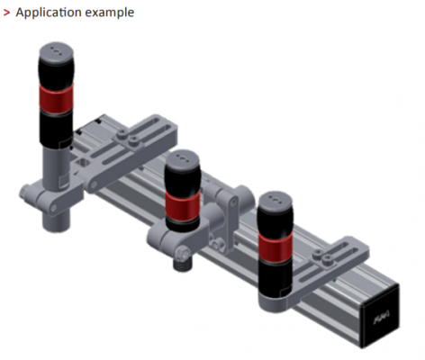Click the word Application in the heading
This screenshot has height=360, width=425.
49,13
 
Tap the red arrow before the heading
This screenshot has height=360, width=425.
6,13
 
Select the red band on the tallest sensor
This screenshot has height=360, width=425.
56,98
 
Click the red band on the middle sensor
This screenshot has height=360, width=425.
183,206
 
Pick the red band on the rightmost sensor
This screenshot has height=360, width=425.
276,247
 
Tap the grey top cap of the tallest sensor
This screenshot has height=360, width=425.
56,52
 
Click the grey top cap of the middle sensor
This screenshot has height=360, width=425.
182,160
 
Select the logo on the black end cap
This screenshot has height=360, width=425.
382,318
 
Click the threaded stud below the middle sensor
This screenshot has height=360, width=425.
183,265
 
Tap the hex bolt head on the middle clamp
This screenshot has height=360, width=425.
184,252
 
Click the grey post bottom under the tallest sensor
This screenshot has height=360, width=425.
57,220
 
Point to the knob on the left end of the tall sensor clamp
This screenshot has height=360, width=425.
25,192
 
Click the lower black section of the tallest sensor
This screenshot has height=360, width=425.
56,130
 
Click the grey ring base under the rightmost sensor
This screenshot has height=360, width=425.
276,301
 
